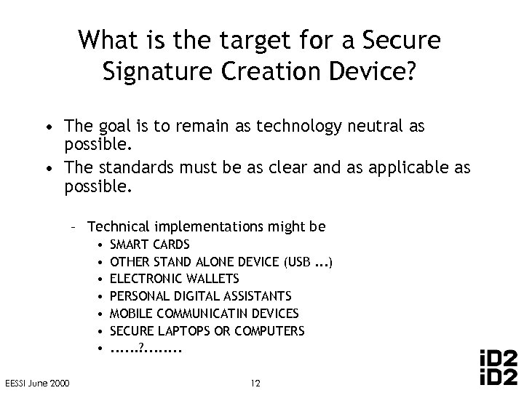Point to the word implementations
[x=209, y=226]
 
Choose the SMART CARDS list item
[x=149, y=244]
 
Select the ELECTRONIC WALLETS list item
[x=174, y=278]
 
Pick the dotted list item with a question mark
[x=146, y=347]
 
